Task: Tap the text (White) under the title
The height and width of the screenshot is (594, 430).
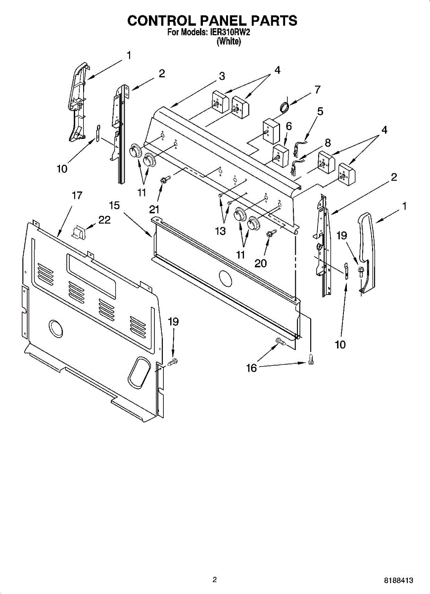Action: click(229, 42)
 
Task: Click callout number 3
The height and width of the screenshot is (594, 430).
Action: click(222, 76)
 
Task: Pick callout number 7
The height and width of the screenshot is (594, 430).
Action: click(317, 90)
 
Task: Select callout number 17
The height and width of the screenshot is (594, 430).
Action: click(77, 195)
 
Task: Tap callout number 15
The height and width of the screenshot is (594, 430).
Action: click(115, 204)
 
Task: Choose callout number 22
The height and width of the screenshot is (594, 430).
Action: click(104, 220)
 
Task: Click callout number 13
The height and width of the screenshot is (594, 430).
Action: click(220, 231)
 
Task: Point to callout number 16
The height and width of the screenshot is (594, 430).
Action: click(252, 368)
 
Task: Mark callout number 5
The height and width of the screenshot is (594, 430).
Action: click(320, 111)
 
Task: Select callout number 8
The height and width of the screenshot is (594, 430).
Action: click(327, 143)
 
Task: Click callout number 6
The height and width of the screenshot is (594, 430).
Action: click(289, 126)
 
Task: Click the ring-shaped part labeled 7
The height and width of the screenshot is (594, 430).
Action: click(284, 106)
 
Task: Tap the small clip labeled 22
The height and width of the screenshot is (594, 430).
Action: click(79, 231)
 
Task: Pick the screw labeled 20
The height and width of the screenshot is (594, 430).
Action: click(270, 233)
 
